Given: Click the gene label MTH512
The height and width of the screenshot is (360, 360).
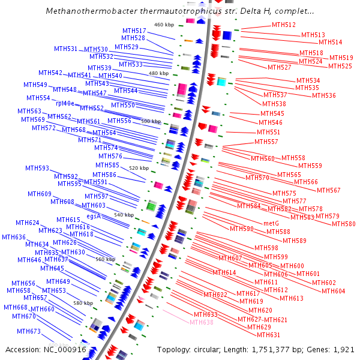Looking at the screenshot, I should point(283,25).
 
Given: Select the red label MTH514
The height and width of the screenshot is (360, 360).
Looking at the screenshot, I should point(330,42).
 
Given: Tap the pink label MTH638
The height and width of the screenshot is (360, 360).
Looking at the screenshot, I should point(201,322).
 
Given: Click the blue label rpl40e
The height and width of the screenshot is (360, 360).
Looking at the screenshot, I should point(68,103).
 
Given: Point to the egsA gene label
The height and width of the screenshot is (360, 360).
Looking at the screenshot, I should point(94,215).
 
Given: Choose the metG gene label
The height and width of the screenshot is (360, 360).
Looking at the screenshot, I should point(271,223).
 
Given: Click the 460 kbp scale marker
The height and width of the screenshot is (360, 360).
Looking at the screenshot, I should point(163,25).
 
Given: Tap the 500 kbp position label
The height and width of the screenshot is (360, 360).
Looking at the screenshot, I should point(151,121).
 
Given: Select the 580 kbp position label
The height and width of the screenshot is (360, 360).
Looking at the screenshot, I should point(83,303).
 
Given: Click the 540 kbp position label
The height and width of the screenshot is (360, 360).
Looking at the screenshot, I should point(124,214).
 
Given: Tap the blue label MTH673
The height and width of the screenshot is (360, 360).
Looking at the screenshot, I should point(28,331).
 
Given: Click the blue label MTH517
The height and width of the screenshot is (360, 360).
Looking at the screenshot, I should point(134,31).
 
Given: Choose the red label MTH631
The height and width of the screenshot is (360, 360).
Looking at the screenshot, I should point(269,335).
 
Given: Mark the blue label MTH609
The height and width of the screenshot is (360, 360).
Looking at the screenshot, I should point(40,194).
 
